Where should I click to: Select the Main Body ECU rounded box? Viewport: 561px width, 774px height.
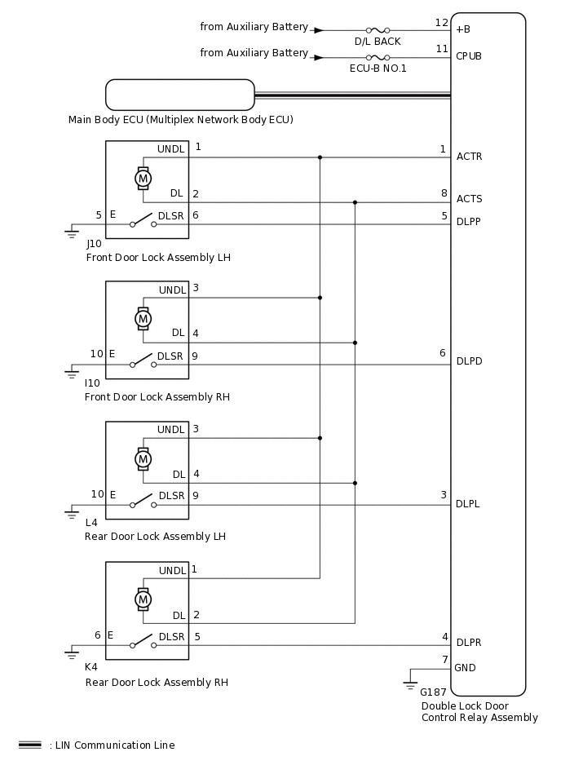[x=180, y=95]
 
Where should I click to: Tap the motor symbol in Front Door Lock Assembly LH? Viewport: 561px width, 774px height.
[x=143, y=177]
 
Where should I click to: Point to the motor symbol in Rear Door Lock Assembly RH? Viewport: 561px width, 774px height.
[x=143, y=599]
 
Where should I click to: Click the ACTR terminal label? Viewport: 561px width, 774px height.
[x=469, y=157]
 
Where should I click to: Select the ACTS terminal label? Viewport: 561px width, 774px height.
[x=469, y=199]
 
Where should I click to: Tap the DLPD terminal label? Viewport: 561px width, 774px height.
[x=469, y=361]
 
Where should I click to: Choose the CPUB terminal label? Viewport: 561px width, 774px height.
[x=469, y=57]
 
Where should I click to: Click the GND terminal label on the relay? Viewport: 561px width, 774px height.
[x=466, y=667]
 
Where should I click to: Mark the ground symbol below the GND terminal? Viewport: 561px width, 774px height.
[x=410, y=683]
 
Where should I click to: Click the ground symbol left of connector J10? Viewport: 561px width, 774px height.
[x=71, y=233]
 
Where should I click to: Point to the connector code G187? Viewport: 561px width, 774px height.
[x=433, y=692]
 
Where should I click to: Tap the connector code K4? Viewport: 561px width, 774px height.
[x=91, y=666]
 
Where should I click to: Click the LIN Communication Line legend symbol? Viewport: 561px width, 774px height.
[x=30, y=745]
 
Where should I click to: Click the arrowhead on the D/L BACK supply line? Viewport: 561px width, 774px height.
[x=319, y=29]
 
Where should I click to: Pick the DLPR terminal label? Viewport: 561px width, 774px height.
[x=469, y=643]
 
